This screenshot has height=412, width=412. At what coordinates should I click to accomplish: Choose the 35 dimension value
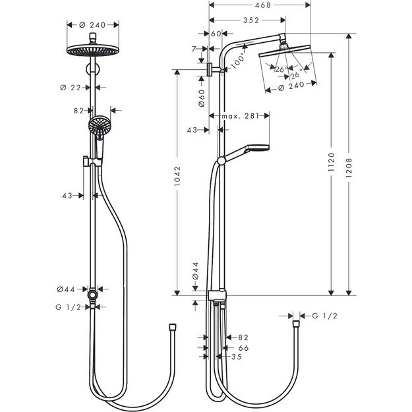point(237,357)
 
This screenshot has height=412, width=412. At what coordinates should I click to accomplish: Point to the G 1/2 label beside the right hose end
point(324,316)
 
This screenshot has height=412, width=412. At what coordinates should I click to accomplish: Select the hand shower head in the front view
point(98,125)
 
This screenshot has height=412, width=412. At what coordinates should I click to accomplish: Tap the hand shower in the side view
point(256,147)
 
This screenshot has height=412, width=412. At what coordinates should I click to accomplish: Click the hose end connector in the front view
point(172,326)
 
